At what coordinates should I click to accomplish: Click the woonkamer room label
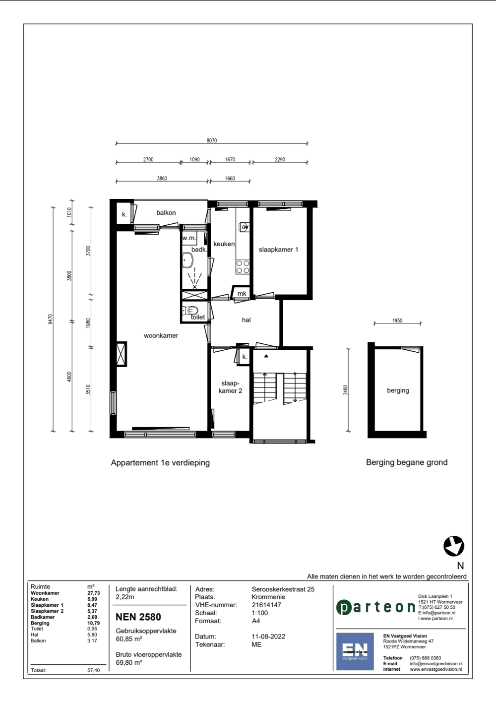[161, 336]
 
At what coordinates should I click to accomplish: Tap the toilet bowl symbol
[190, 311]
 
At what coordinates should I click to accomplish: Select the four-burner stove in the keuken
[243, 267]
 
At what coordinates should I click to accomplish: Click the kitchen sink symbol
[244, 227]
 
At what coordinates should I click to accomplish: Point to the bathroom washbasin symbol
[187, 261]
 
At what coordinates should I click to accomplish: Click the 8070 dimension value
[211, 141]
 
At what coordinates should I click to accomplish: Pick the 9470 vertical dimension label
[51, 319]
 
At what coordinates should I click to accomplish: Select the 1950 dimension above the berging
[397, 320]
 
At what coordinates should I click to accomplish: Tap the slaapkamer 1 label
[278, 250]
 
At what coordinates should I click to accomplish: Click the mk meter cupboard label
[242, 294]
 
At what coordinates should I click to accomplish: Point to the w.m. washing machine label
[189, 238]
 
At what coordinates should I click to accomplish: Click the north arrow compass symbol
[454, 546]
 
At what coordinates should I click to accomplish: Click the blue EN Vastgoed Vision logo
[355, 651]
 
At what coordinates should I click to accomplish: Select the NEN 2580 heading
[138, 617]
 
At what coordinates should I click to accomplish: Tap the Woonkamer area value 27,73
[93, 593]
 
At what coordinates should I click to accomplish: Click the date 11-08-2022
[268, 637]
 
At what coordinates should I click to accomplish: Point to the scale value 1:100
[260, 613]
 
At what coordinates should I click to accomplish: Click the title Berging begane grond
[407, 462]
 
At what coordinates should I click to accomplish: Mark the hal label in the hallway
[247, 320]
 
